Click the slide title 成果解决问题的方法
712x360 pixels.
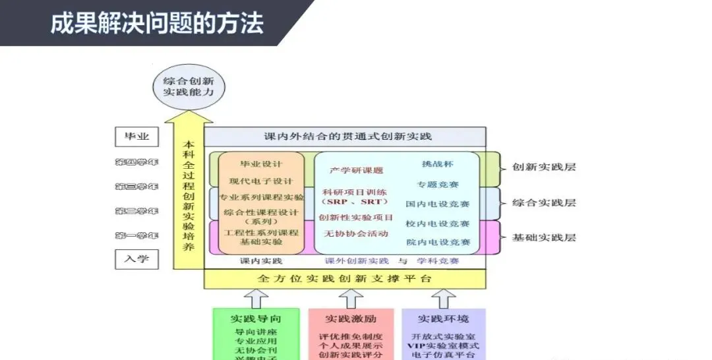pyautogui.click(x=157, y=23)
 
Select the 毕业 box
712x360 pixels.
pyautogui.click(x=136, y=137)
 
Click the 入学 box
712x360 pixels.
pyautogui.click(x=136, y=258)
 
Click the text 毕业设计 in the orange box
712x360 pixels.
pyautogui.click(x=261, y=164)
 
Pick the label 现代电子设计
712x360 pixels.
pyautogui.click(x=261, y=181)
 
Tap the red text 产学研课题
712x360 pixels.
pyautogui.click(x=357, y=170)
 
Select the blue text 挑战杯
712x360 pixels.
pyautogui.click(x=438, y=164)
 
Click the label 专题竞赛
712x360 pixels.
pyautogui.click(x=438, y=184)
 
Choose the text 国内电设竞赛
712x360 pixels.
pyautogui.click(x=438, y=204)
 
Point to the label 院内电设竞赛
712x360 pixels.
pyautogui.click(x=438, y=243)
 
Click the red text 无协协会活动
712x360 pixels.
pyautogui.click(x=356, y=233)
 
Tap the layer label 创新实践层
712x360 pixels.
pyautogui.click(x=544, y=167)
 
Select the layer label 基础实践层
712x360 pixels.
pyautogui.click(x=544, y=237)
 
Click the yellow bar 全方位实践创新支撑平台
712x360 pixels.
pyautogui.click(x=345, y=278)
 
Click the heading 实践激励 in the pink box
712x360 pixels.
pyautogui.click(x=351, y=319)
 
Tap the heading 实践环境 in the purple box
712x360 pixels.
pyautogui.click(x=444, y=319)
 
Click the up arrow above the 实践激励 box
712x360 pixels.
pyautogui.click(x=351, y=298)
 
